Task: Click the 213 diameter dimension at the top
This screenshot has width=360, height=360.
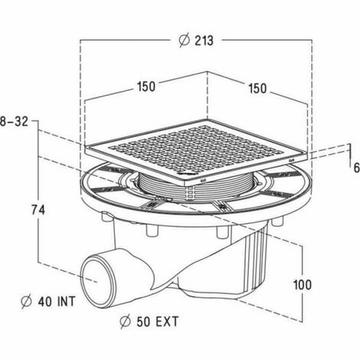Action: [196, 41]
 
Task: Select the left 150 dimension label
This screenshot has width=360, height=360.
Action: [146, 87]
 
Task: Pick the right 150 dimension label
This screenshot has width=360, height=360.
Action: [257, 88]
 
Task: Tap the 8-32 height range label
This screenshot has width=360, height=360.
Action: [14, 122]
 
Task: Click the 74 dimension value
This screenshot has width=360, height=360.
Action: [38, 211]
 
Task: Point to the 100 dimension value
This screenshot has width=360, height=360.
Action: [303, 285]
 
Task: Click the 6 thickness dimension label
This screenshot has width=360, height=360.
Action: [356, 168]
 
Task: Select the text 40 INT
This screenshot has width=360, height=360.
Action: [57, 302]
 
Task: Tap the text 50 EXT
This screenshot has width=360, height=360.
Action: [157, 322]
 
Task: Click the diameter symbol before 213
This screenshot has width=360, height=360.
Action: [184, 41]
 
